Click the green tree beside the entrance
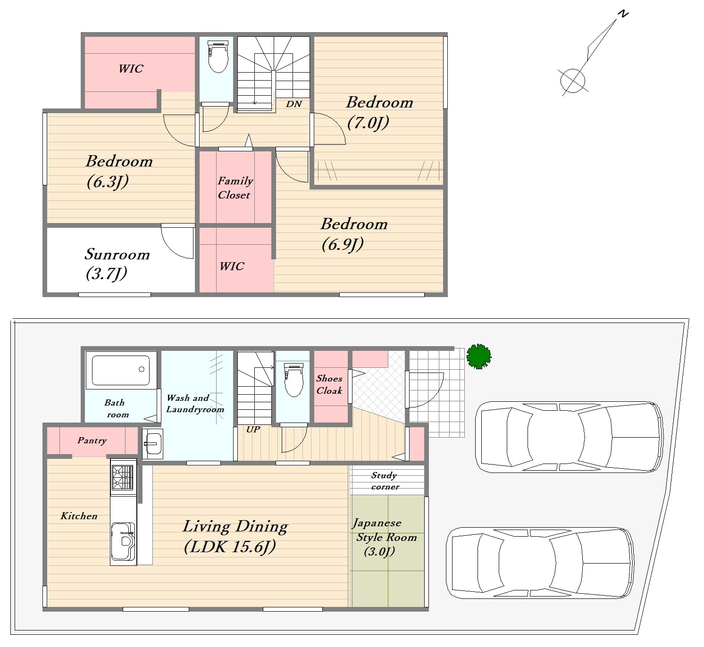(479, 357)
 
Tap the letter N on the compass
(623, 14)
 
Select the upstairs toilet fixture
(218, 57)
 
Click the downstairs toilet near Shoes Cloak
(294, 380)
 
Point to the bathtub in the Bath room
(121, 370)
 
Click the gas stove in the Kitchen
(123, 478)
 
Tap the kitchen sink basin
(123, 541)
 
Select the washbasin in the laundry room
(153, 444)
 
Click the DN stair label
(294, 104)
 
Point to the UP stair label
(253, 430)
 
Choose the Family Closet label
(235, 188)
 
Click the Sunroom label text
(117, 254)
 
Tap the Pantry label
(92, 440)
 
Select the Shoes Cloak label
(329, 384)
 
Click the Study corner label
(385, 481)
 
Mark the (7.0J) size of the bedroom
(368, 123)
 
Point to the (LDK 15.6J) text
(230, 546)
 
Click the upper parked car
(569, 437)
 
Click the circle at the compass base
(573, 81)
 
